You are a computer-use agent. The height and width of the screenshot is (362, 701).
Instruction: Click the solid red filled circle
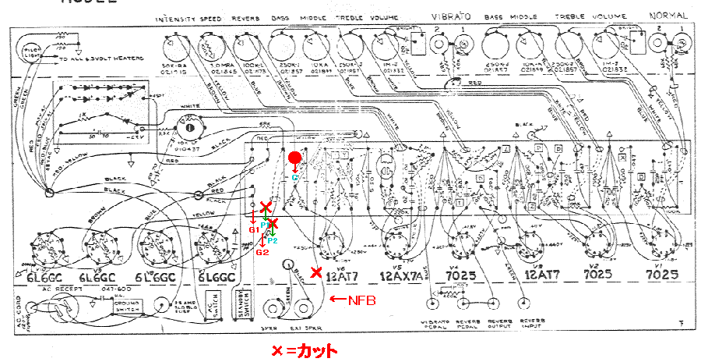(x=294, y=158)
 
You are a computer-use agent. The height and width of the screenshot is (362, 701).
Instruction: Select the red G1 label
(x=253, y=230)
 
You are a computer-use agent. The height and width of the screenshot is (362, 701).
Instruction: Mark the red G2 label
(x=262, y=251)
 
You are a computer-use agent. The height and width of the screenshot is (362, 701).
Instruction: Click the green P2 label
(x=273, y=240)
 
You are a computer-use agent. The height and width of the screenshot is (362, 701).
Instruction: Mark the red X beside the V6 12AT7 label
(x=315, y=272)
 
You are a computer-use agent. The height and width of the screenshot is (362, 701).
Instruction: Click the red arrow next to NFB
(x=339, y=299)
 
